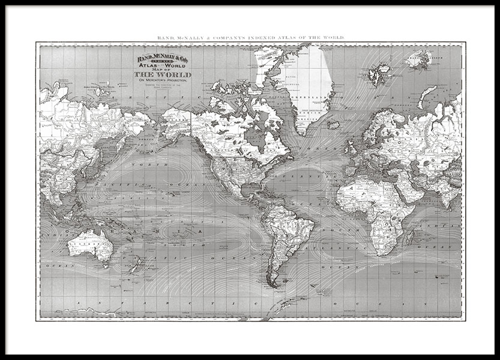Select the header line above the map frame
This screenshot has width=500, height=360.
[250, 38]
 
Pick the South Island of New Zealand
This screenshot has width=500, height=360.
[133, 266]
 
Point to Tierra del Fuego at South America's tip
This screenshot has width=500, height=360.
[276, 284]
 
